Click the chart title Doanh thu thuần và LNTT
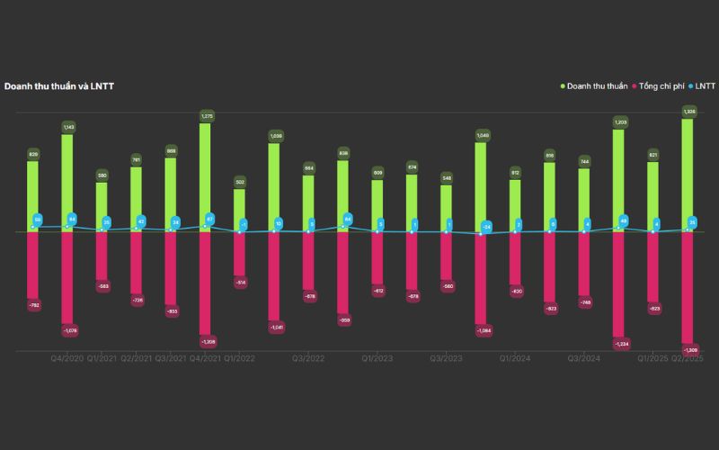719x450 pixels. click(x=58, y=86)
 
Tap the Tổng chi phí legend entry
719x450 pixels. click(x=661, y=86)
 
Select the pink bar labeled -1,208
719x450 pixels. click(x=205, y=283)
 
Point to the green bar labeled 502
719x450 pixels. click(x=239, y=211)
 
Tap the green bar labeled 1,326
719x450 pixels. click(x=688, y=175)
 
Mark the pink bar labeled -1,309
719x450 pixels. click(x=688, y=287)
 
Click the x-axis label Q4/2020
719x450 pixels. click(x=67, y=358)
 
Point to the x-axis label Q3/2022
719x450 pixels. click(x=308, y=358)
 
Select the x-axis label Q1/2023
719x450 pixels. click(x=377, y=358)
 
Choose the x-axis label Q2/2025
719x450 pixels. click(x=688, y=358)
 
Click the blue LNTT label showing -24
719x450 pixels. click(x=486, y=227)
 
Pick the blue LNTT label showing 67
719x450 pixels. click(x=209, y=218)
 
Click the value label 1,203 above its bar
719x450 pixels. click(x=620, y=121)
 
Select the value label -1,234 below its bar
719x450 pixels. click(x=620, y=343)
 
